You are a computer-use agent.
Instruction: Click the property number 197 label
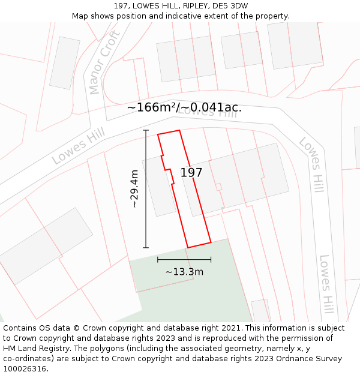pos(191,173)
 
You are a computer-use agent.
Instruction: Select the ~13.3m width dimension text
pos(184,272)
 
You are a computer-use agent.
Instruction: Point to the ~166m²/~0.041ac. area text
pos(184,107)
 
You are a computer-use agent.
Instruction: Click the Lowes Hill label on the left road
pos(78,146)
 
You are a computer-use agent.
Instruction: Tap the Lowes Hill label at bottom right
pos(326,284)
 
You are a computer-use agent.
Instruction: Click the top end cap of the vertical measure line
pos(146,130)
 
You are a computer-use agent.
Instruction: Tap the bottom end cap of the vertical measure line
pos(146,247)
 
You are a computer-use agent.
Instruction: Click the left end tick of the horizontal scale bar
pos(158,260)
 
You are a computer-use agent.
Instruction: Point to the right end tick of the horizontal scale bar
pos(211,260)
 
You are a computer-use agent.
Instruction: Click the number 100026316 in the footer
pos(25,369)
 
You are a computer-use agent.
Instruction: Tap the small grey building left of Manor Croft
pos(64,63)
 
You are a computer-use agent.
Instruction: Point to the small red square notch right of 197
pos(218,187)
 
